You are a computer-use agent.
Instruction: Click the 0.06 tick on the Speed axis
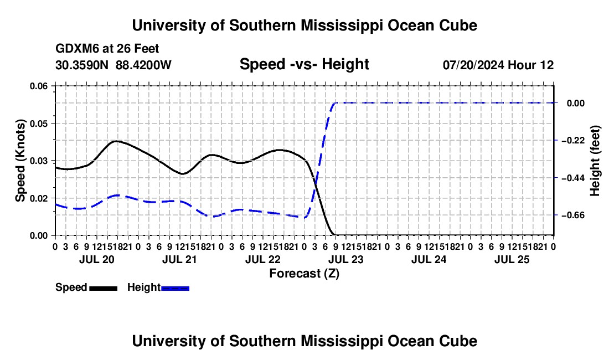coord(38,86)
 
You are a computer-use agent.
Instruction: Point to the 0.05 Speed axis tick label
coord(38,124)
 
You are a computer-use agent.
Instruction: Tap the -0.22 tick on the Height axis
coord(573,141)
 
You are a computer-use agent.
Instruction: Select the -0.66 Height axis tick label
coord(573,215)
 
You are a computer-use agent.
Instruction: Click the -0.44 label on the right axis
coord(573,178)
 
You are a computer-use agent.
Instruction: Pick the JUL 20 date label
coord(97,259)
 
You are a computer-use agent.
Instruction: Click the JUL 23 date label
coord(345,259)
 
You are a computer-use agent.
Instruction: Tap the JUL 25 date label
coord(512,259)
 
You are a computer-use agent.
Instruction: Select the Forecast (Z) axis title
coord(304,274)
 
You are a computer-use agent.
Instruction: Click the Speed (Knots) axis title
coord(20,161)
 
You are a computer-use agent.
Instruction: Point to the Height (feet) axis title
coord(595,161)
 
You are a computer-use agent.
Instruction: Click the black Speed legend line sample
coord(104,288)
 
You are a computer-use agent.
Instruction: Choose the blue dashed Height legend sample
coord(175,288)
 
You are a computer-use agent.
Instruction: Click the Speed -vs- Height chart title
coord(304,64)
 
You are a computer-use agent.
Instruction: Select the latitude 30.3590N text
coord(82,65)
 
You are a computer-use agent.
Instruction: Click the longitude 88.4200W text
coord(143,65)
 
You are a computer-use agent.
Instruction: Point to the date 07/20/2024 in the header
coord(474,65)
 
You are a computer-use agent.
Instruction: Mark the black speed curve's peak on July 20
coord(116,141)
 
